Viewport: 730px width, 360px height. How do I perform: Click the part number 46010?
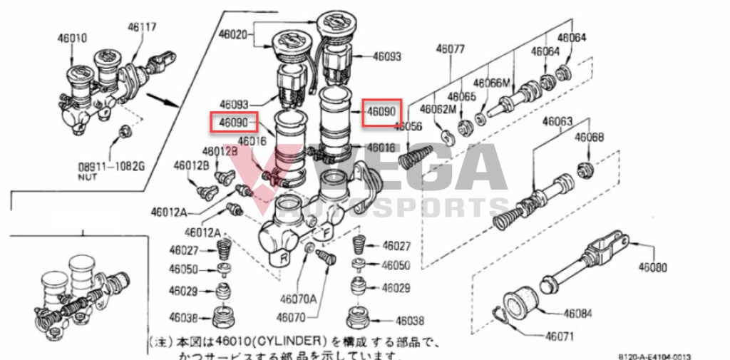(x=72, y=37)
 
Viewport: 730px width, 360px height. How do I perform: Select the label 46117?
(x=143, y=27)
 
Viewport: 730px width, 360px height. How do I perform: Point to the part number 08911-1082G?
(x=110, y=168)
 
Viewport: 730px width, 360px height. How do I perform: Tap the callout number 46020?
(x=232, y=34)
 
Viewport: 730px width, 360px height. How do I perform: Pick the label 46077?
(x=451, y=49)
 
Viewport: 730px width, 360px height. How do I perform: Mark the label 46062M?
(x=437, y=110)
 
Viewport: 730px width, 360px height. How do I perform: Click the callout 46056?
(x=408, y=126)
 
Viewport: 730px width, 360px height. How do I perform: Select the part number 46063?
(x=558, y=122)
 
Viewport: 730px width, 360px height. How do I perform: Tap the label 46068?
(x=590, y=137)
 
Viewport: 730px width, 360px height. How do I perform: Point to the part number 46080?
(x=653, y=268)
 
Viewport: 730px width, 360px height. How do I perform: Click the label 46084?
(x=578, y=313)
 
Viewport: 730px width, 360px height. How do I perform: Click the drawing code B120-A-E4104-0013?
(x=655, y=356)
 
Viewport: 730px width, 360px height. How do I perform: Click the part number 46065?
(x=462, y=96)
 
